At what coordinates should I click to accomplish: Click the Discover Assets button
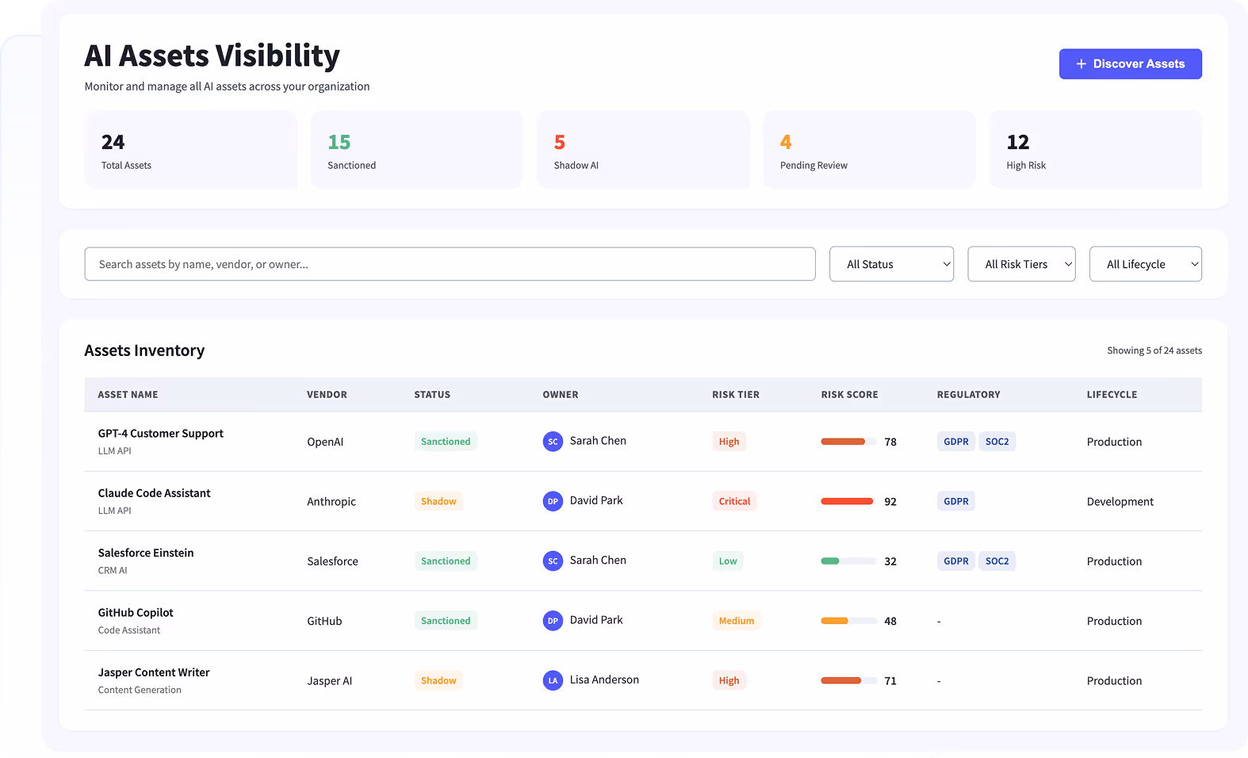tap(1130, 64)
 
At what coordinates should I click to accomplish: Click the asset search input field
tap(450, 264)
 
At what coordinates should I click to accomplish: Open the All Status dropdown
tap(891, 264)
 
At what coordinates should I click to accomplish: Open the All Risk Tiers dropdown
tap(1021, 264)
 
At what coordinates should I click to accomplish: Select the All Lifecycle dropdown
tap(1145, 264)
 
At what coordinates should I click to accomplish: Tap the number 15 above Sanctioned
tap(339, 142)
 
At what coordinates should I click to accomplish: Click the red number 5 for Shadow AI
tap(560, 142)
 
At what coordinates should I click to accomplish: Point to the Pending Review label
tap(813, 166)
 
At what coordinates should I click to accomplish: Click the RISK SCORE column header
tap(849, 395)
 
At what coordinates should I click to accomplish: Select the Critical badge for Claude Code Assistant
tap(734, 501)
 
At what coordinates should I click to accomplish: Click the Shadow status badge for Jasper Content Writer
tap(438, 680)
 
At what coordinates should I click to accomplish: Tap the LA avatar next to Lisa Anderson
tap(553, 680)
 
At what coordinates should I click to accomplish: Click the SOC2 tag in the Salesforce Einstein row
tap(997, 561)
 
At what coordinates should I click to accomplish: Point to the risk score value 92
tap(890, 502)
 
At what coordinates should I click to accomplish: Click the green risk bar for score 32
tap(830, 561)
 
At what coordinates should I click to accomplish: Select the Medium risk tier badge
tap(736, 621)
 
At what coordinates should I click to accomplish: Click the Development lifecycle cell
tap(1120, 502)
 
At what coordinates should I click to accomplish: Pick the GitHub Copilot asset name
tap(136, 613)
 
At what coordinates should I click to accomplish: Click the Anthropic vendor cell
tap(331, 502)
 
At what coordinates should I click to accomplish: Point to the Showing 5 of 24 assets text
tap(1154, 350)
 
